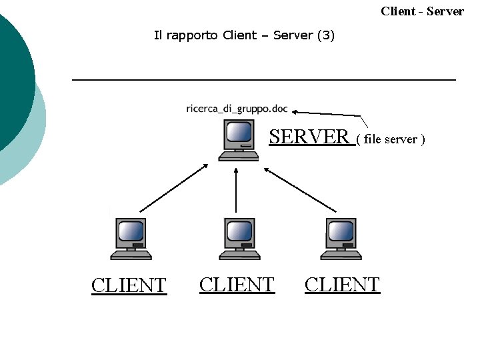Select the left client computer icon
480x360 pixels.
coord(131,239)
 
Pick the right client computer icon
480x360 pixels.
coord(341,239)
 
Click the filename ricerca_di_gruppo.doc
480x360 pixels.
coord(237,109)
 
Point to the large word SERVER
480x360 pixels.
coord(309,137)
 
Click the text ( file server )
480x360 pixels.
coord(391,139)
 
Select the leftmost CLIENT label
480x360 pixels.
coord(129,285)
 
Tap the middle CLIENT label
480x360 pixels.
coord(237,285)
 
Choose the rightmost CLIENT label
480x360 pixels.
coord(342,285)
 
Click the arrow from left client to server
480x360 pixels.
coord(174,187)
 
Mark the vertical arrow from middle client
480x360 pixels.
coord(237,190)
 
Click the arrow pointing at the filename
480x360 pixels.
coord(330,114)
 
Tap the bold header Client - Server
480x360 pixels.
coord(422,11)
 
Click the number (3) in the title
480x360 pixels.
coord(326,35)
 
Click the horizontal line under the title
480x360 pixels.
coord(263,80)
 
